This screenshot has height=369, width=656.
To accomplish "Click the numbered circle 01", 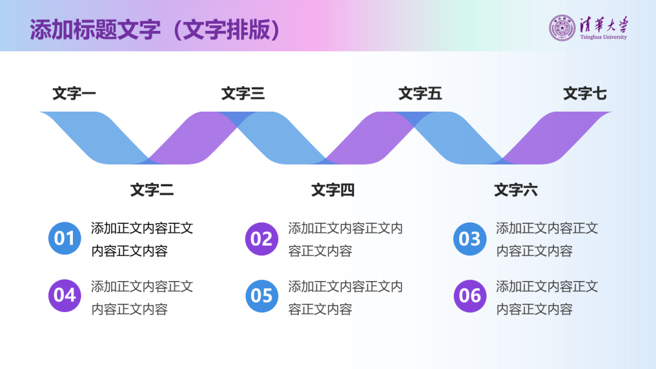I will [x=64, y=239].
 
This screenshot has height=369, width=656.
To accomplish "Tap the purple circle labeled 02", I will [x=261, y=239].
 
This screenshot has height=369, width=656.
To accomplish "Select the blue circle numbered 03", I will [x=470, y=239].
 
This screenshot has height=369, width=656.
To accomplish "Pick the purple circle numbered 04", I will [x=64, y=296].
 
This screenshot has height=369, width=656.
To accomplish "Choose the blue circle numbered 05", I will [x=261, y=296].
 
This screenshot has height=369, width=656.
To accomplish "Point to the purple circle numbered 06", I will [x=470, y=296].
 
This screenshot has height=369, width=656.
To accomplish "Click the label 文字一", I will [x=74, y=93].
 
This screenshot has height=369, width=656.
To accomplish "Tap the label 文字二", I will [x=152, y=190].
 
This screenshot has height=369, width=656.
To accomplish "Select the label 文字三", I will [x=243, y=93].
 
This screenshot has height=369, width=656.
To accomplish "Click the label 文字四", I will [x=333, y=190].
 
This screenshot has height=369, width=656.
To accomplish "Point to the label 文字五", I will [x=420, y=93].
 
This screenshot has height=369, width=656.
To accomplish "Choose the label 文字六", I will [x=516, y=190].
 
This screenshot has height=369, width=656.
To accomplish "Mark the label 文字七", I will [x=585, y=93].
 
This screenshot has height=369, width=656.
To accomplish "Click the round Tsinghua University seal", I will [x=562, y=28].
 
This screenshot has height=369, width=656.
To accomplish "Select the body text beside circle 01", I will [x=142, y=239].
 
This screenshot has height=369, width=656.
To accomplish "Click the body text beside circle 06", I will [x=547, y=297].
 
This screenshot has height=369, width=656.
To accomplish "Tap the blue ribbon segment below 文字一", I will [x=97, y=137].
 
